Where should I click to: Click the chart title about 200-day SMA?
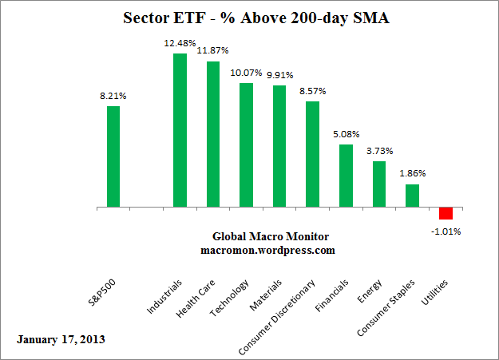click(249, 18)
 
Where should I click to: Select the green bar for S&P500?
click(113, 156)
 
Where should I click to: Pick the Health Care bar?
click(213, 134)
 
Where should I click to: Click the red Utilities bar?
click(446, 213)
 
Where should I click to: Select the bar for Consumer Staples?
click(412, 196)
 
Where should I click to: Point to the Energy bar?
click(379, 184)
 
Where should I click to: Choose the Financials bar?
click(346, 176)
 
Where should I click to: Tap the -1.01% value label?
click(446, 231)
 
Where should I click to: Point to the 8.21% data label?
click(113, 97)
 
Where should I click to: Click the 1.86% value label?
click(412, 173)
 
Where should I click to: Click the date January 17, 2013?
click(61, 338)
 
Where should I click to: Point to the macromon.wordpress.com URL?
click(267, 250)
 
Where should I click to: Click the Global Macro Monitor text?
click(270, 237)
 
